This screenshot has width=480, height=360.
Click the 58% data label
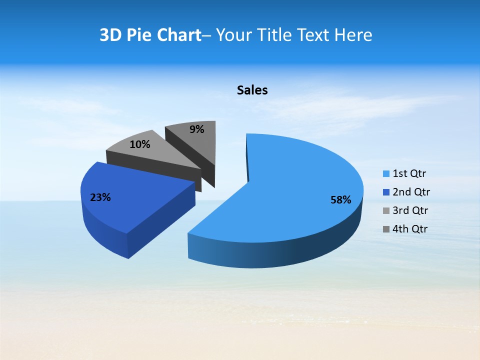[x=340, y=200]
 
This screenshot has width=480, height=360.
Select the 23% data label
[x=100, y=197]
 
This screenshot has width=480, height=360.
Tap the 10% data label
[x=139, y=144]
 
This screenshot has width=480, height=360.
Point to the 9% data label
[x=197, y=129]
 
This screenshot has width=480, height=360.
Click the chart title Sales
[x=252, y=90]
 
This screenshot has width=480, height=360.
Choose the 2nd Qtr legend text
[x=411, y=192]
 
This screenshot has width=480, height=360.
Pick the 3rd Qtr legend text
[x=410, y=210]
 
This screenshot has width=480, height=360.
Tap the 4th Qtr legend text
[x=410, y=229]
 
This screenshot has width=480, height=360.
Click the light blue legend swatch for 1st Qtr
[x=386, y=174]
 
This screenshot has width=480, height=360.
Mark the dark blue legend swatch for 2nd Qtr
[x=386, y=192]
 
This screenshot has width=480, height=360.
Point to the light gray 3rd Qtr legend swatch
[x=386, y=211]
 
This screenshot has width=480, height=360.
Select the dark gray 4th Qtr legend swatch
[x=386, y=229]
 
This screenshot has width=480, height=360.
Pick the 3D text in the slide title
[x=110, y=35]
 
